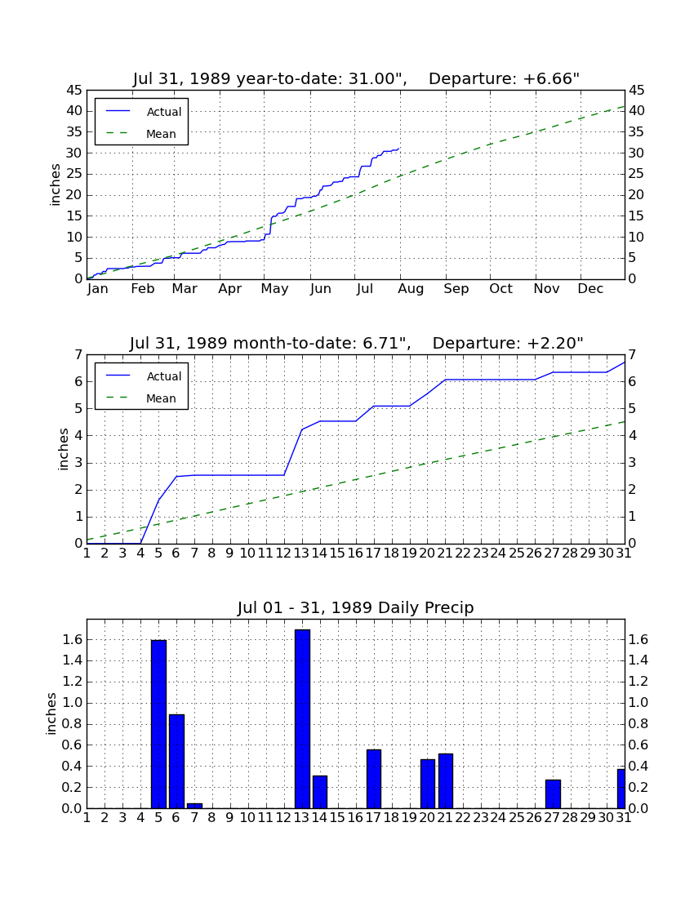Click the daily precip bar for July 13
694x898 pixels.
point(302,718)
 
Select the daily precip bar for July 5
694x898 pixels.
point(158,724)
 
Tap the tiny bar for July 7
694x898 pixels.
point(194,806)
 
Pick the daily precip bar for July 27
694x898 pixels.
point(553,794)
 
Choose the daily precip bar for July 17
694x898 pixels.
point(374,779)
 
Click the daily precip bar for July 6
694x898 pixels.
point(176,761)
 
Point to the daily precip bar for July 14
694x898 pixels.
point(320,792)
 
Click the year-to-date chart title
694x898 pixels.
point(356,78)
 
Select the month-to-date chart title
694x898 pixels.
point(356,343)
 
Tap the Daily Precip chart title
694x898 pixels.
point(356,607)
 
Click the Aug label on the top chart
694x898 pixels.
point(411,289)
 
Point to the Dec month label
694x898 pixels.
point(590,289)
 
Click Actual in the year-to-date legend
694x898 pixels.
point(164,112)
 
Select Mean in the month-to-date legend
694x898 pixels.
point(161,398)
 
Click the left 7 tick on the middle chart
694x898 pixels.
point(79,355)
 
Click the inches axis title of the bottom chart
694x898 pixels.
point(51,714)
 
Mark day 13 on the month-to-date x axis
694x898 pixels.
point(302,553)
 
